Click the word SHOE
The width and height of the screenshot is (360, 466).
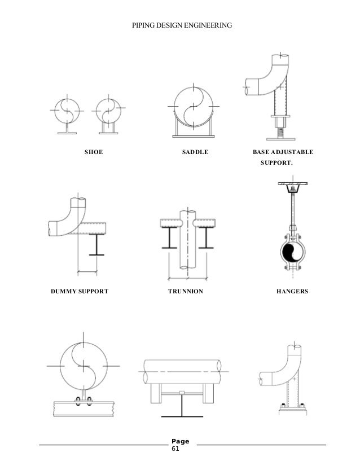point(93,152)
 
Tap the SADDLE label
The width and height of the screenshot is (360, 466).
point(195,152)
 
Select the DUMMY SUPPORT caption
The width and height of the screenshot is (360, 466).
point(80,292)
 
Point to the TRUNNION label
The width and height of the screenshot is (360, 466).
point(186,292)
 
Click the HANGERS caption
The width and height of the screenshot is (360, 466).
point(292,292)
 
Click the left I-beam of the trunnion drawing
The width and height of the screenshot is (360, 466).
point(170,238)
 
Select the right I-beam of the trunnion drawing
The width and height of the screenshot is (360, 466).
point(206,238)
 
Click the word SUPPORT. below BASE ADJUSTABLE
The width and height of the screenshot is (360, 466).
point(276,163)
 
